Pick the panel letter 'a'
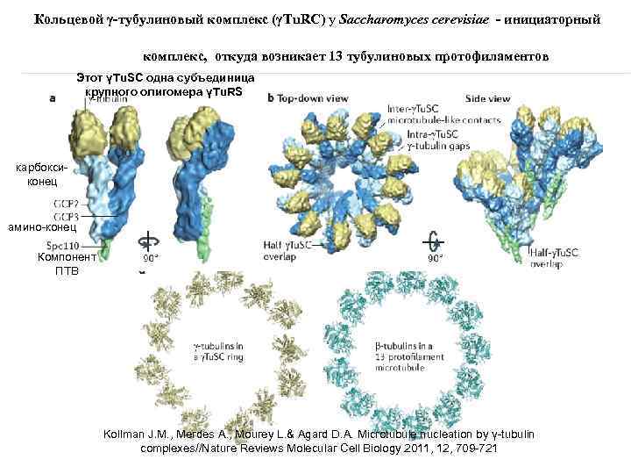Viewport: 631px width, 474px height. point(52,99)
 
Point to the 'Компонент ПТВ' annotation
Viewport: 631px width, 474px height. point(65,263)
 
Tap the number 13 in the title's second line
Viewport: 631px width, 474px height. point(336,57)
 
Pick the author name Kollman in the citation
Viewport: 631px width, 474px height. point(129,435)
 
